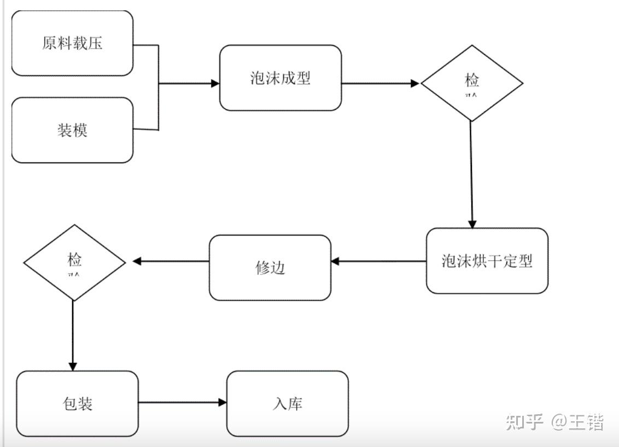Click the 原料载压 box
[x=72, y=43]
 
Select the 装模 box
[x=72, y=130]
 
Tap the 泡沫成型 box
[x=281, y=78]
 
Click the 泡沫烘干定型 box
[x=487, y=261]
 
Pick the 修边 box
[x=270, y=268]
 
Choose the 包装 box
[x=77, y=403]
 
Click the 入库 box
[x=288, y=403]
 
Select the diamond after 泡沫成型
[x=472, y=83]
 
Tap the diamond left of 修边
[x=74, y=262]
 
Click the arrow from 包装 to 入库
[x=182, y=403]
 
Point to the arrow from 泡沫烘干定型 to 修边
[x=378, y=261]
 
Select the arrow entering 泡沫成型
[x=189, y=84]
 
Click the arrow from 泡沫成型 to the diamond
[x=381, y=84]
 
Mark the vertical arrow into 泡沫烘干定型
[x=471, y=175]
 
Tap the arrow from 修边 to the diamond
[x=171, y=261]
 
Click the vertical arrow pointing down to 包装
[x=73, y=336]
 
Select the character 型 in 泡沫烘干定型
[x=525, y=261]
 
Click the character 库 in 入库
[x=295, y=403]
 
